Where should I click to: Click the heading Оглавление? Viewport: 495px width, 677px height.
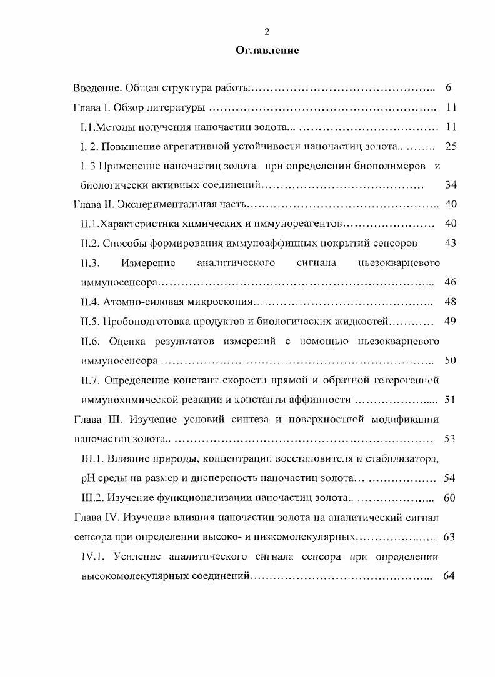[x=267, y=51]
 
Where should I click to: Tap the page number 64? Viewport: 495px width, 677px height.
[x=449, y=575]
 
